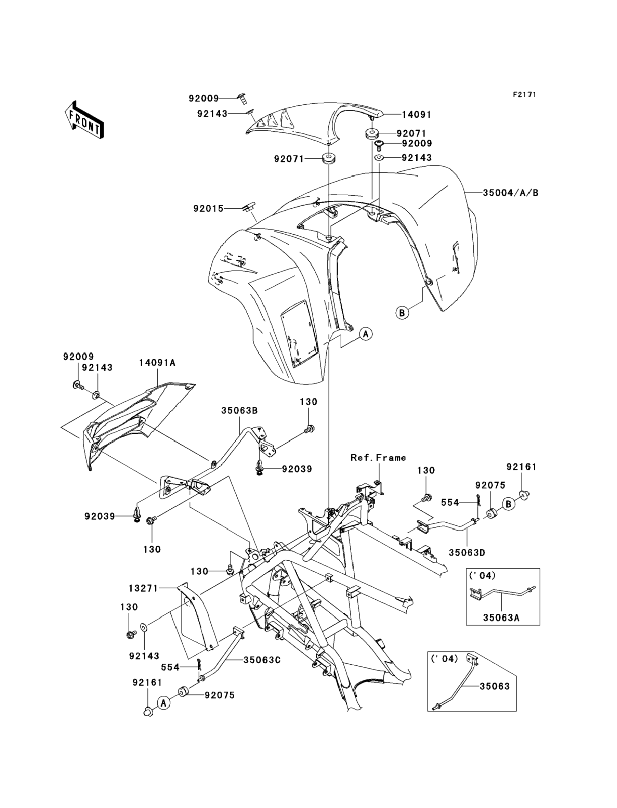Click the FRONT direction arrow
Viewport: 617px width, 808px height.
84,120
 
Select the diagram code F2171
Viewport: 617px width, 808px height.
524,95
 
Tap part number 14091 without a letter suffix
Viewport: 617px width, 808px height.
416,115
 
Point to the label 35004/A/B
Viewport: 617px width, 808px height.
510,193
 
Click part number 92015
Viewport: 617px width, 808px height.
208,209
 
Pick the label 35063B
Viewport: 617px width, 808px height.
239,410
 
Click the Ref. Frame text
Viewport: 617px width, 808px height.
378,458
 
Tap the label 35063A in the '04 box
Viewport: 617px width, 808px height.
501,618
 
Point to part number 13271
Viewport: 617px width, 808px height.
143,588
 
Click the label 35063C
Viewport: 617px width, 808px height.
262,660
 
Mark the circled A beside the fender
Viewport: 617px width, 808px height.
365,334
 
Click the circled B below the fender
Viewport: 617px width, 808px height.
402,313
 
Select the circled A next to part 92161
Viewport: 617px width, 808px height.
164,703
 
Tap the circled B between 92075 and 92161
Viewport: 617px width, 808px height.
508,504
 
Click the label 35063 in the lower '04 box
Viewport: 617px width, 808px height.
494,686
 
